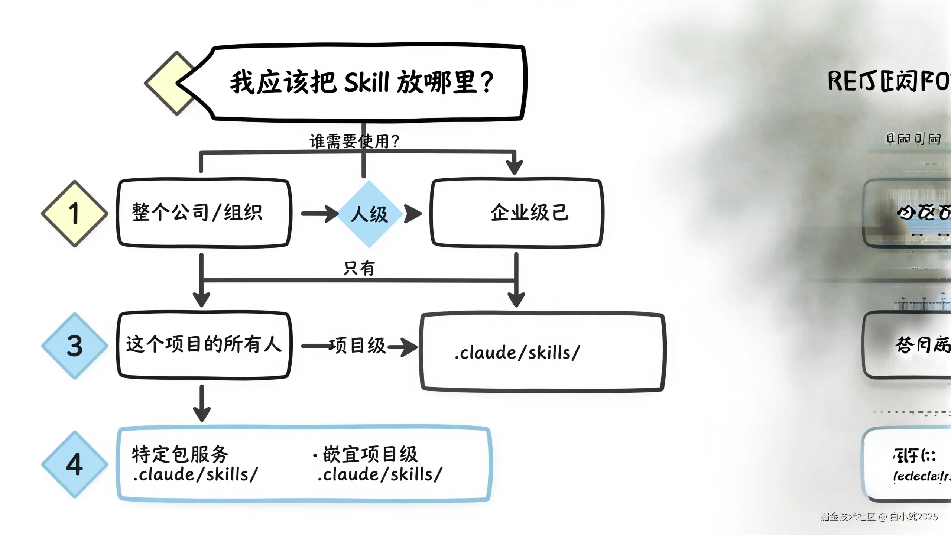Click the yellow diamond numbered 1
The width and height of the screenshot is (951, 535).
click(75, 214)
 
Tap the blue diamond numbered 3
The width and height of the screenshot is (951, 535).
click(75, 346)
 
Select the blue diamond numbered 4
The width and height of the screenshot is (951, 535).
click(75, 464)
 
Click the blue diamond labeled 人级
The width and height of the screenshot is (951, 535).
click(369, 214)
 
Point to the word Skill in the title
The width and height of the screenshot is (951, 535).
click(366, 82)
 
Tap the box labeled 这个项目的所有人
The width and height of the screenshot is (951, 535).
click(204, 344)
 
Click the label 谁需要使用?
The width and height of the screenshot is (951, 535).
click(354, 142)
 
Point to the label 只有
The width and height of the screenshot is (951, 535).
click(359, 268)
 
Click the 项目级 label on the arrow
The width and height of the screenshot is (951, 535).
click(357, 346)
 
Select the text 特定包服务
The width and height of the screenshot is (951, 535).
click(181, 454)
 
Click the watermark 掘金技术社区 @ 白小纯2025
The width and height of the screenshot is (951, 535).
click(879, 517)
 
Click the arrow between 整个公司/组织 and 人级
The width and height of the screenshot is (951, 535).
click(319, 214)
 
